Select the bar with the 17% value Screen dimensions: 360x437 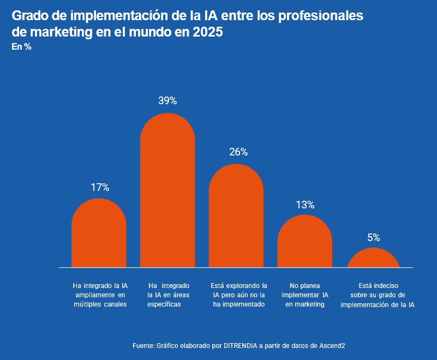coord(99,235)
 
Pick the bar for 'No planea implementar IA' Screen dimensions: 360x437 coord(304,242)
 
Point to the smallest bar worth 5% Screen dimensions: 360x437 coord(373,259)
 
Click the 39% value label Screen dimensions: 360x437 coord(167,101)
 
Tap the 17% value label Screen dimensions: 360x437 coord(100,188)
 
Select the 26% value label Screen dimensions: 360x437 coord(238,152)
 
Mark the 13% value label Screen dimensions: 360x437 coord(305,205)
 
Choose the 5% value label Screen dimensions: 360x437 coord(374,238)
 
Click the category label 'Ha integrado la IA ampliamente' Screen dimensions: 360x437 coord(100,295)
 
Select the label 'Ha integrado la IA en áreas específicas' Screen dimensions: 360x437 coord(169,295)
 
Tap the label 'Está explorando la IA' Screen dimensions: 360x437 coord(238,295)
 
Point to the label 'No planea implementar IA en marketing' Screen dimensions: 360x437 coord(305,295)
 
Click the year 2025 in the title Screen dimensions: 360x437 coord(207,32)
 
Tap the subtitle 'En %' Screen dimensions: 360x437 coord(21,47)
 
